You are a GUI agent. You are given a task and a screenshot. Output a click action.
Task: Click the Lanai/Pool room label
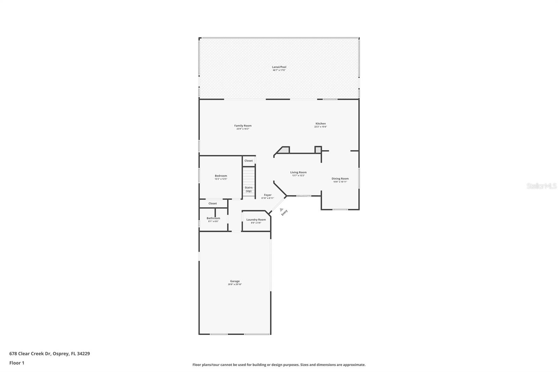coord(279,67)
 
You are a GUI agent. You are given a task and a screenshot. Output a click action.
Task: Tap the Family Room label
coord(243,126)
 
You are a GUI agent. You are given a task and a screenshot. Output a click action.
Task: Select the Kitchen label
coord(321,124)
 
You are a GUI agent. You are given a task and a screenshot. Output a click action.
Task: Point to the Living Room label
coord(298,172)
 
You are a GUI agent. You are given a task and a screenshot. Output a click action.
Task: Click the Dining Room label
coord(340,179)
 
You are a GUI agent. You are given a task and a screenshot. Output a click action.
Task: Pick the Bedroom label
coord(221,176)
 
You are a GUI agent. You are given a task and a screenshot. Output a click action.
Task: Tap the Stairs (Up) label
coord(248,189)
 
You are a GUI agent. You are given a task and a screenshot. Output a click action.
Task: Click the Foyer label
coord(267,195)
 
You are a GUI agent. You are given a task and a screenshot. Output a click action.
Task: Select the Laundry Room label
coord(256,220)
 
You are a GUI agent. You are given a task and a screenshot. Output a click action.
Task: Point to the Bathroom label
coord(213,218)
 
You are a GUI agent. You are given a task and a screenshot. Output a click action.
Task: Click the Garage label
coord(235,281)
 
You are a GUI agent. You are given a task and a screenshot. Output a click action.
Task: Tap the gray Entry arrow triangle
coord(281,210)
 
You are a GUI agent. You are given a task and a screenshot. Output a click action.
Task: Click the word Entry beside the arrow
coord(285,213)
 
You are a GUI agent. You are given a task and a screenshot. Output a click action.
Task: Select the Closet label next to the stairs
coord(248,161)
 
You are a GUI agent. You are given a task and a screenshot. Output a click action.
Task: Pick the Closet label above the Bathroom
coord(212,203)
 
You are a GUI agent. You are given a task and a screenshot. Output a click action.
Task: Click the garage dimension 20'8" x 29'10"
coord(235,284)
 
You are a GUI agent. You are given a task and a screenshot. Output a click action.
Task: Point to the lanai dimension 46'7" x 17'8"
coord(279,70)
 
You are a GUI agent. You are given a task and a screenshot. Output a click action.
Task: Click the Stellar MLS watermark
coord(541,186)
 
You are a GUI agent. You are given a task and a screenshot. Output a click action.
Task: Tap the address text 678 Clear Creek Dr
coord(31,354)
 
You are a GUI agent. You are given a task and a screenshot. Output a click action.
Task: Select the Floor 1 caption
coord(17,363)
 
